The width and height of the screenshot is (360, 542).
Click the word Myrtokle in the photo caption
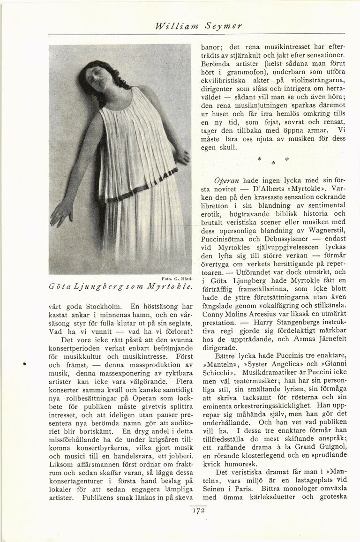[162, 286]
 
